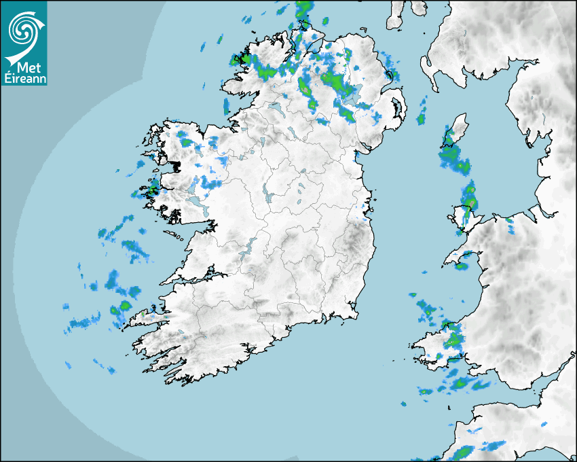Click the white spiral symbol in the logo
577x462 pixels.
pos(22,27)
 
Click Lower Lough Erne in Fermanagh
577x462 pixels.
pos(275,108)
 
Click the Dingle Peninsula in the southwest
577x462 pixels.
pos(146,316)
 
